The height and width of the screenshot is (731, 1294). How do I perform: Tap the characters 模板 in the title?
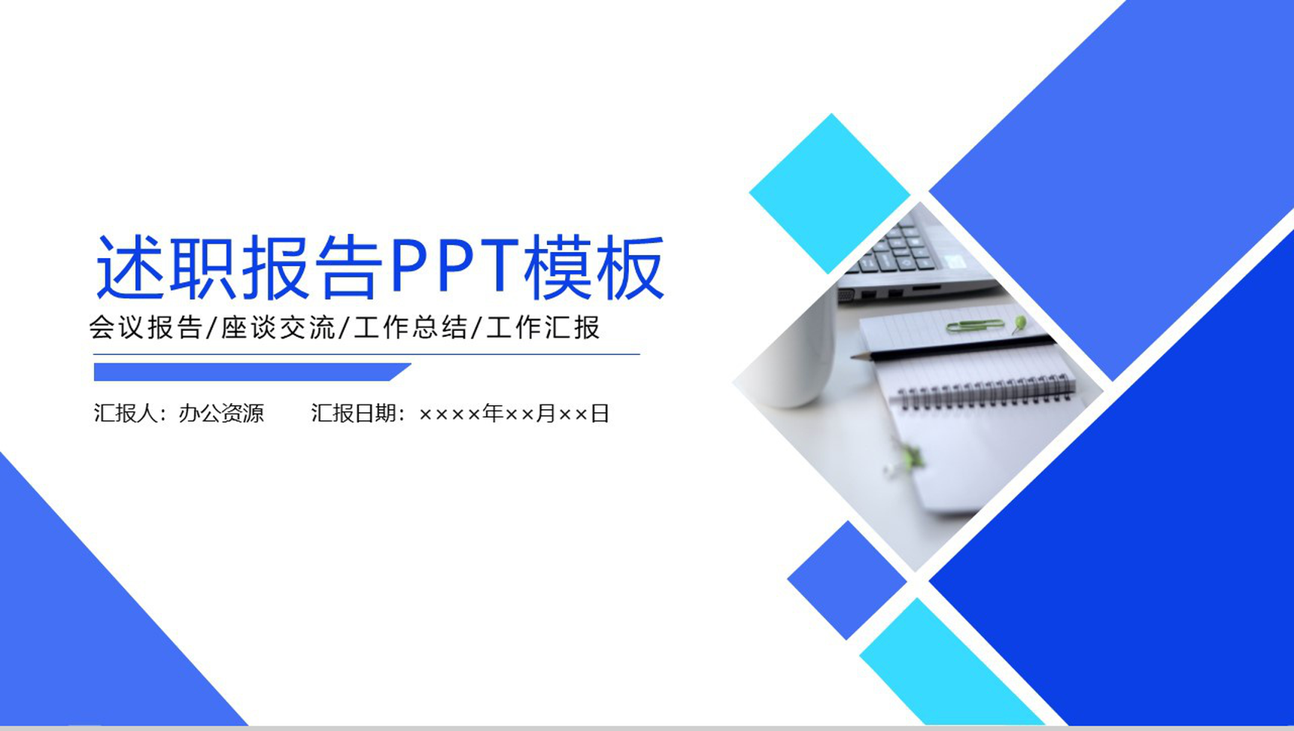pos(594,267)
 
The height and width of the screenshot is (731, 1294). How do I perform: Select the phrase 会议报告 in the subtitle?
pos(146,327)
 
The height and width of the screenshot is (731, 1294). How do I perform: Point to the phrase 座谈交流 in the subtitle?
pos(278,327)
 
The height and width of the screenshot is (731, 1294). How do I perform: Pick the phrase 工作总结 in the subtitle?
pos(411,327)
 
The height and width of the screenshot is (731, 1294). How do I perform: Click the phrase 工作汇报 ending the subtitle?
pos(543,327)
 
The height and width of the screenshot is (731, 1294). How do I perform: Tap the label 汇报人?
pos(126,413)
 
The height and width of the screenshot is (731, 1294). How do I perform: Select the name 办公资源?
pos(221,413)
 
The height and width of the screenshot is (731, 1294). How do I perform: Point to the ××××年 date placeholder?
pos(460,413)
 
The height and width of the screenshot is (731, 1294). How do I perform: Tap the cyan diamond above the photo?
pos(830,193)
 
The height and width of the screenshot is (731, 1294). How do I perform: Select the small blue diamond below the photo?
pos(847,580)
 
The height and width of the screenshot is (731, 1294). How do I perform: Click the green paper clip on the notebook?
pos(975,326)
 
